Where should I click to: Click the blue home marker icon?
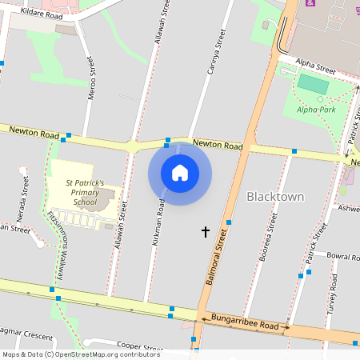coord(180,172)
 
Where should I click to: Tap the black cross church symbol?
coord(206,232)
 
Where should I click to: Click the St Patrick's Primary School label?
coord(86,193)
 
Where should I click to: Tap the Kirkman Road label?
coord(161,221)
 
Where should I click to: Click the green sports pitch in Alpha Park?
coord(313,83)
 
